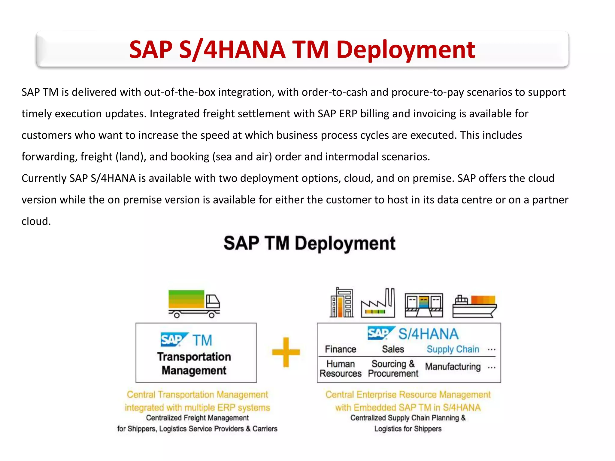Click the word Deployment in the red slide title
coord(405,50)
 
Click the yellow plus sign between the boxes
coord(286,352)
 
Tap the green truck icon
coord(194,303)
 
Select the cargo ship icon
coord(474,306)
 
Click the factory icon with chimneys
coord(378,303)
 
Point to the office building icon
coord(342,303)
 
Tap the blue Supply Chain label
coord(453,349)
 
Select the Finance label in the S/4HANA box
coord(341,349)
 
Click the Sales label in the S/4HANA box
coord(393,349)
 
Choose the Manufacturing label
coord(453,367)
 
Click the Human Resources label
coord(341,369)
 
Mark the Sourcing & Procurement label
coord(393,369)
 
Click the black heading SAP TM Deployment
coord(309,243)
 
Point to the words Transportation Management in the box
coord(194,363)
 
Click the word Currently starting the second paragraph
coord(44,179)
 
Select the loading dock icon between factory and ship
coord(424,305)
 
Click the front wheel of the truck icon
coord(212,315)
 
